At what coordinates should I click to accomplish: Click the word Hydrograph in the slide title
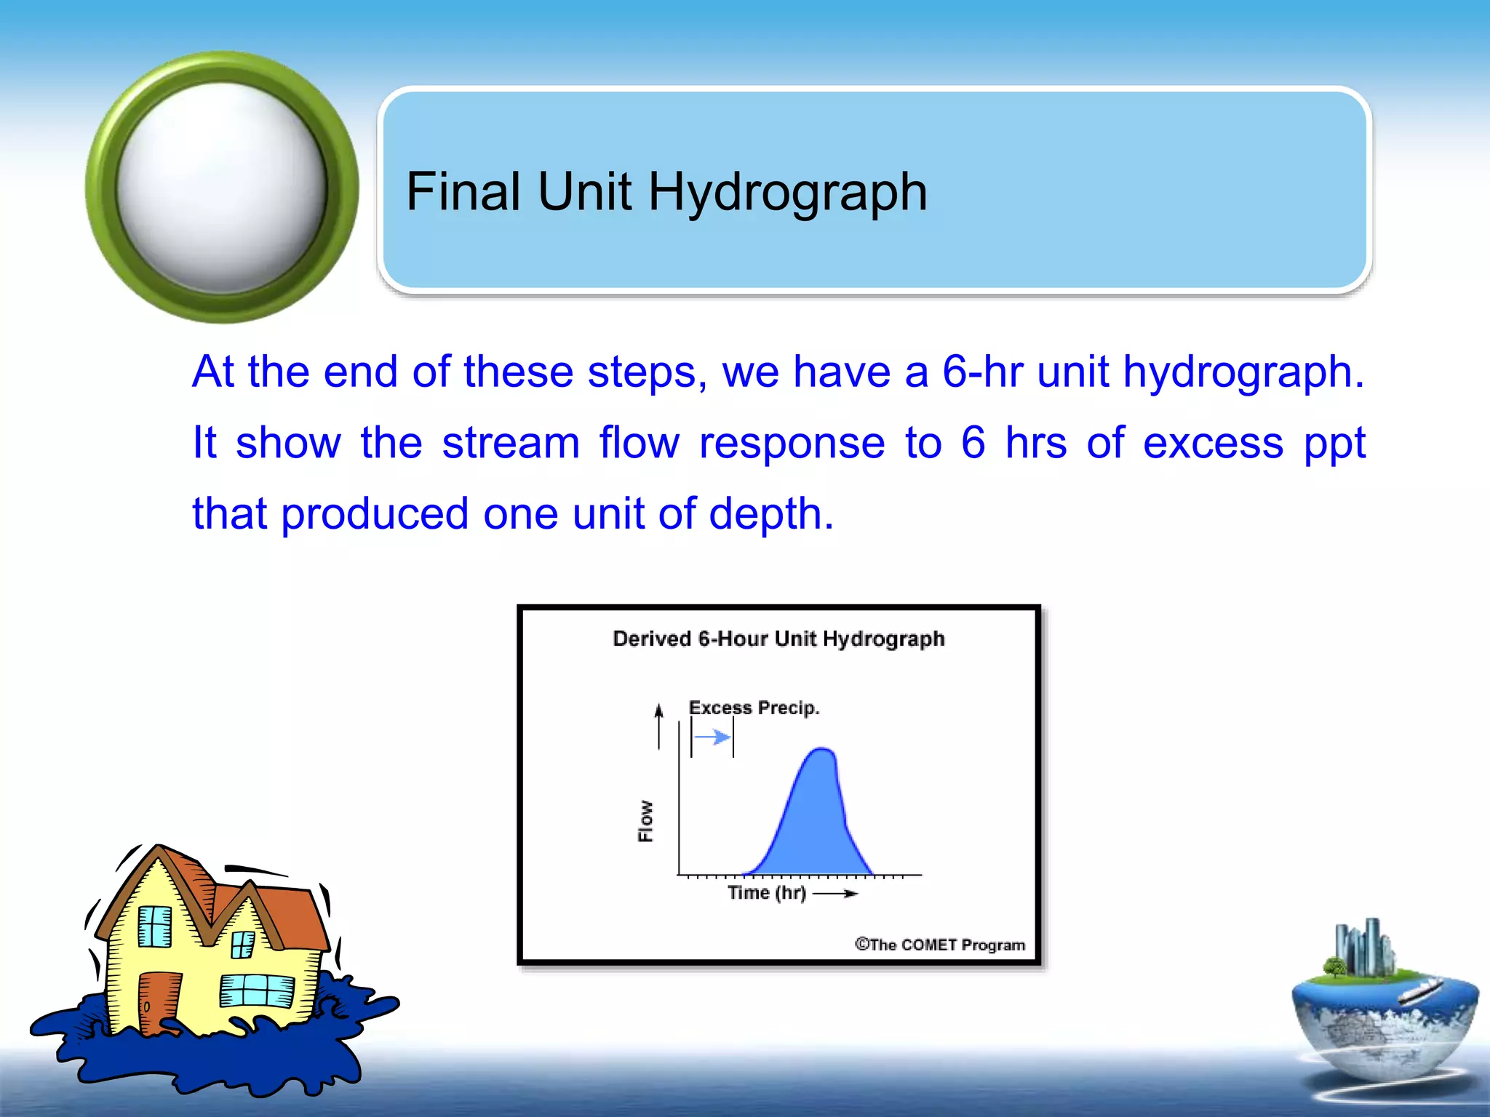point(787,193)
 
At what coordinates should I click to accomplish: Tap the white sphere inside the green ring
point(222,188)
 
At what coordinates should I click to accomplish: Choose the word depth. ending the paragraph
point(771,513)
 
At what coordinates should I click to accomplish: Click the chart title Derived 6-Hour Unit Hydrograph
point(778,638)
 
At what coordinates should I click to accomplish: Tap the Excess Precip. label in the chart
point(754,708)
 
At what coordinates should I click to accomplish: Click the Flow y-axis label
point(645,821)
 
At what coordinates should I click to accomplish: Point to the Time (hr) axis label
point(767,893)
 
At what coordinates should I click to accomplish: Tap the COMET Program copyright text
point(939,945)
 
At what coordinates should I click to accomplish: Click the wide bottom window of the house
point(256,990)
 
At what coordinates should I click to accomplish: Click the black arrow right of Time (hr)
point(835,894)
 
